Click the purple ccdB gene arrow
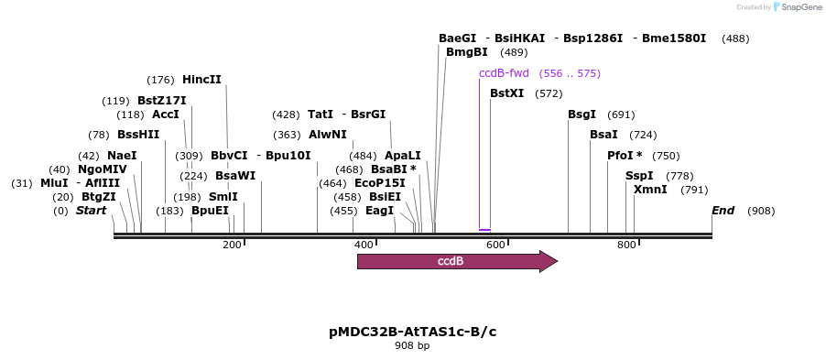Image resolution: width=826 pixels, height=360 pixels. [x=456, y=261]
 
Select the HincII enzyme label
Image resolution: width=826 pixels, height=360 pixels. [x=201, y=80]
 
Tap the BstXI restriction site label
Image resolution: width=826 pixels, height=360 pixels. [x=506, y=93]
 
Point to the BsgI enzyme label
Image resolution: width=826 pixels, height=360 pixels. [x=581, y=115]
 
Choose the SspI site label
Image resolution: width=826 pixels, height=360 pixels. [x=639, y=176]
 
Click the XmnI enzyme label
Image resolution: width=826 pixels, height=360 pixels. [x=650, y=190]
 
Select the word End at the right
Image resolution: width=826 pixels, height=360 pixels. [x=723, y=211]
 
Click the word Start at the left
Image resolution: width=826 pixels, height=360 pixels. [x=91, y=211]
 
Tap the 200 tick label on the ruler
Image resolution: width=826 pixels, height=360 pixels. [x=232, y=245]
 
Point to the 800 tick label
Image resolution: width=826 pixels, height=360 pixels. [x=626, y=245]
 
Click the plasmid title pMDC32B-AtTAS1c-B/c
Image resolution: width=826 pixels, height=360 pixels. [x=412, y=331]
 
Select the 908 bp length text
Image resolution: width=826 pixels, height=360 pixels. [x=412, y=345]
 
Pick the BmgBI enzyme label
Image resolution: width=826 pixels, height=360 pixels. [x=466, y=52]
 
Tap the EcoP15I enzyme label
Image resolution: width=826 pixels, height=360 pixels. [x=380, y=183]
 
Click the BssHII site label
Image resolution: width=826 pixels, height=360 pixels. [x=138, y=135]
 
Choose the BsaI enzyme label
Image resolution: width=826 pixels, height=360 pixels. [x=603, y=135]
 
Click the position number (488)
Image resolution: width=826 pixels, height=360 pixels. [x=735, y=38]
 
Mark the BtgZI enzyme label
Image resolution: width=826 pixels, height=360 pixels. [x=99, y=197]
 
